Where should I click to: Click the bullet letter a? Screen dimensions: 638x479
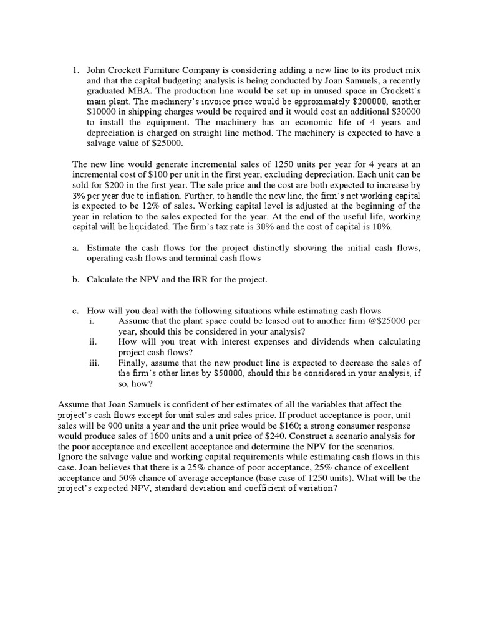(x=75, y=248)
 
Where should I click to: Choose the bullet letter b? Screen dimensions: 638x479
(x=75, y=279)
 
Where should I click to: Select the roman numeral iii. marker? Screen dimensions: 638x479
(x=94, y=363)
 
